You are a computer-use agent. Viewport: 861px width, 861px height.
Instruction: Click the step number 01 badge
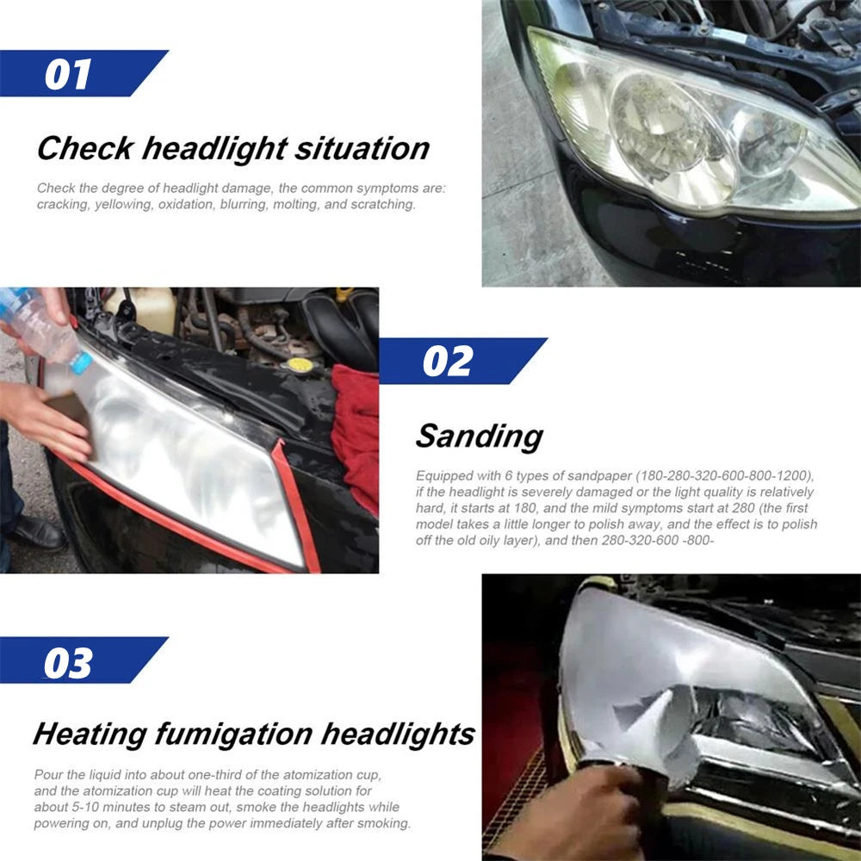point(69,73)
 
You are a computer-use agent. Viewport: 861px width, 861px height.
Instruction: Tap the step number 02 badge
point(448,361)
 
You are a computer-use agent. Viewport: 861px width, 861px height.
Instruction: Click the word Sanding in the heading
point(479,437)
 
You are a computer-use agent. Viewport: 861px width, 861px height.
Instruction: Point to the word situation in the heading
point(362,148)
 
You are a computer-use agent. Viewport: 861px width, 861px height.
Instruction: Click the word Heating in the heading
point(90,734)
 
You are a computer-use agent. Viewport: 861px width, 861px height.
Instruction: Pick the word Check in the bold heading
point(84,148)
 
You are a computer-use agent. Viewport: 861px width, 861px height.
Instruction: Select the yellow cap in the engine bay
point(300,365)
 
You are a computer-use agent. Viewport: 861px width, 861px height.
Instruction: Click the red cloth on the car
point(355,430)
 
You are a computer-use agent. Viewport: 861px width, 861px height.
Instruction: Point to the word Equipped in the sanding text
point(444,476)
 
